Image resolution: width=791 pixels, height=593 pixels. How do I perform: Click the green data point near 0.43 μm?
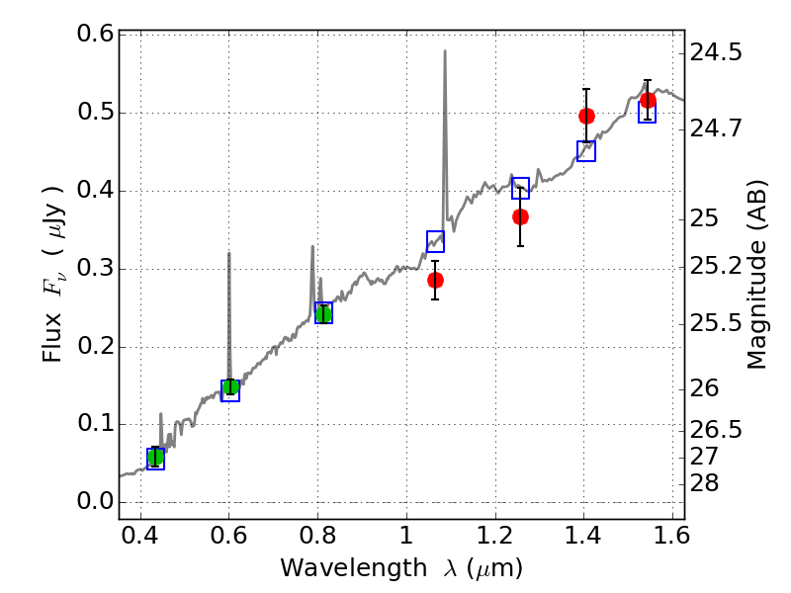(155, 457)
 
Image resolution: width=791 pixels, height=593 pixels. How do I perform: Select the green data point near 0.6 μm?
(230, 386)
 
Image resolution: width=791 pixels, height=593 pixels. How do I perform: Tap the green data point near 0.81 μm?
(323, 314)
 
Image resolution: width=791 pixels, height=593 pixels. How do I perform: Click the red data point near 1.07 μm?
(435, 280)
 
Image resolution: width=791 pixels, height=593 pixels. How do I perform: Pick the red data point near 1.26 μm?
(520, 216)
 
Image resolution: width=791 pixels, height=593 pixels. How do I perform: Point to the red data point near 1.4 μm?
(586, 116)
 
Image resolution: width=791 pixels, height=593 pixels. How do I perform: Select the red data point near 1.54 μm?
(648, 100)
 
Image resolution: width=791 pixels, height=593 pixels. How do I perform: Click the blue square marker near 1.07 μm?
(435, 241)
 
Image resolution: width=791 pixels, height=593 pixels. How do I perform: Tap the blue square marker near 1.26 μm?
(520, 189)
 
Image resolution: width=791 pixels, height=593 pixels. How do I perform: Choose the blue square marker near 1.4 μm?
(586, 151)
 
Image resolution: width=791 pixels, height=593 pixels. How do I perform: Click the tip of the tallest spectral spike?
(445, 51)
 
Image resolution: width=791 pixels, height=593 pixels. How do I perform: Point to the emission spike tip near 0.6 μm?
(229, 253)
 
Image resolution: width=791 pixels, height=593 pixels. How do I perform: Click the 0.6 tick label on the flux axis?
(95, 35)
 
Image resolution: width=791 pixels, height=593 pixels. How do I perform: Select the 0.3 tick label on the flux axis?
(95, 269)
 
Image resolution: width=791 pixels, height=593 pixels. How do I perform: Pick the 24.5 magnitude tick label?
(716, 51)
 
